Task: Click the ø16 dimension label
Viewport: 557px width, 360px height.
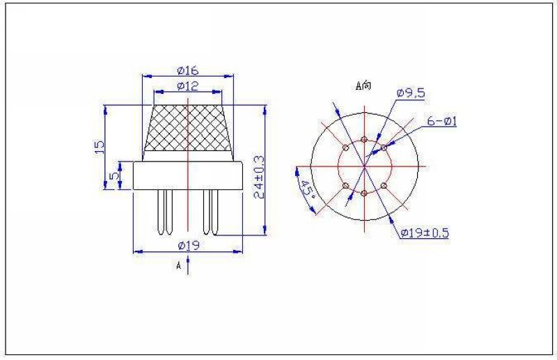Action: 188,70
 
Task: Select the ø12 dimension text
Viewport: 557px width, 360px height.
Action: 188,86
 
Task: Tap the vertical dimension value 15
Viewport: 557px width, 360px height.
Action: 100,146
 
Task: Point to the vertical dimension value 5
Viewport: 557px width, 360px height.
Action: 116,175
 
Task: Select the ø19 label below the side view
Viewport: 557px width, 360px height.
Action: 188,245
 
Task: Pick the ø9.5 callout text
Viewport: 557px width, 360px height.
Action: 410,93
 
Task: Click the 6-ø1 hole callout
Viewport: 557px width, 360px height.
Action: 441,121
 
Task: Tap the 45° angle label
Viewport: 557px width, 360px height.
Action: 307,188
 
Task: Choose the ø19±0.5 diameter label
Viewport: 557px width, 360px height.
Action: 424,233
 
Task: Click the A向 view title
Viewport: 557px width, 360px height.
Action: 363,86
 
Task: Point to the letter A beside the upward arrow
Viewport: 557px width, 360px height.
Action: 178,265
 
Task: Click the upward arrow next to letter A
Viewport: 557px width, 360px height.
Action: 188,265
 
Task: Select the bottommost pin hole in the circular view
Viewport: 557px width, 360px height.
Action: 364,193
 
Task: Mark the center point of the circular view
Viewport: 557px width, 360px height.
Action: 364,166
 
